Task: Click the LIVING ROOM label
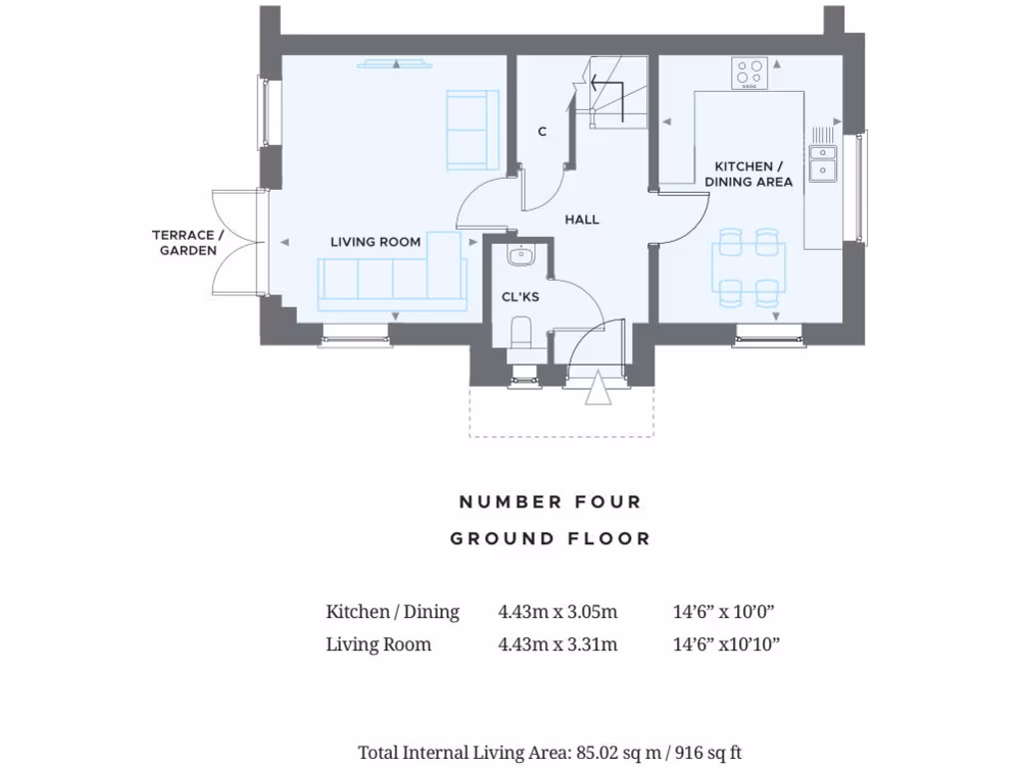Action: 375,242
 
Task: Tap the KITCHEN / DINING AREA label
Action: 748,174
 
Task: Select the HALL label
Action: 581,219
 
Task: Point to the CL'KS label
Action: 519,297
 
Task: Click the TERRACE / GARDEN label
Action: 188,243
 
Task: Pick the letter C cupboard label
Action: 541,132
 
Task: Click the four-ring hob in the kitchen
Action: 750,74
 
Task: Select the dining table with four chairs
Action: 749,267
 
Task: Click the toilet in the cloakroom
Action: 521,332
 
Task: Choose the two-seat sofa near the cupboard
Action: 472,129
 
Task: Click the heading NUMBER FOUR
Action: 549,501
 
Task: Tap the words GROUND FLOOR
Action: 549,538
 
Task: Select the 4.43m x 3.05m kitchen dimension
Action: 557,612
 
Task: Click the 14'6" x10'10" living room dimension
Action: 726,644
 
